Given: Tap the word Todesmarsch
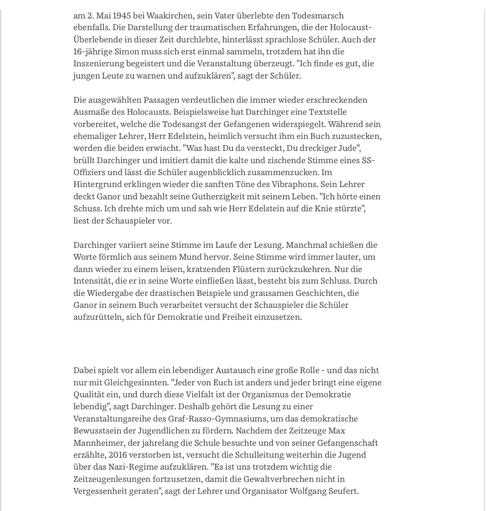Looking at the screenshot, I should click(318, 16).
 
